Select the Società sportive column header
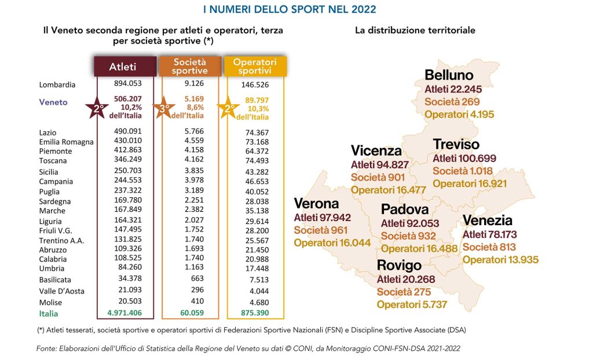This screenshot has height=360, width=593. tap(190, 67)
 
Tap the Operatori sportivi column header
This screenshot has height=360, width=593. tap(255, 67)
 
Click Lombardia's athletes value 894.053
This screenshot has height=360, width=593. tap(128, 83)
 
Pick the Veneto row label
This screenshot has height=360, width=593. tap(53, 102)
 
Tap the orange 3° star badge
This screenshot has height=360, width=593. tap(163, 108)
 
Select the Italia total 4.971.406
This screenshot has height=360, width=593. tap(125, 313)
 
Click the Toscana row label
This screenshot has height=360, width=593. tap(53, 161)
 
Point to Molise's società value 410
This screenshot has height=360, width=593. tap(197, 301)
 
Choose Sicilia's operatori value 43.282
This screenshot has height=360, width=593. tap(257, 172)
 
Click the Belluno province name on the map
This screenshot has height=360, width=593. tap(449, 75)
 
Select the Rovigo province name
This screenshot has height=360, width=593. tap(399, 265)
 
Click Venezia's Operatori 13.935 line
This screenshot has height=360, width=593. tap(500, 259)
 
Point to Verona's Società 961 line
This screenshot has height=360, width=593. tap(321, 230)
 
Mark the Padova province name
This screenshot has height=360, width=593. tap(405, 209)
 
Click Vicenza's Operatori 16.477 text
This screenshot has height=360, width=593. tap(389, 190)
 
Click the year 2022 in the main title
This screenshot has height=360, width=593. tap(364, 9)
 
